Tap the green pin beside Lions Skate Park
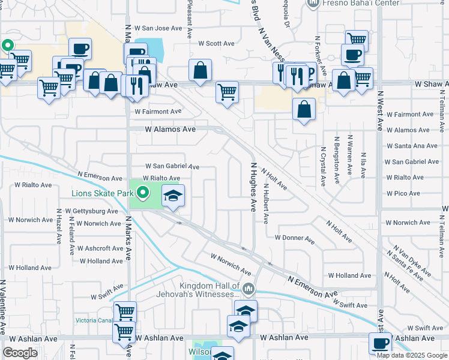pyautogui.click(x=143, y=193)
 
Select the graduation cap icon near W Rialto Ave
pyautogui.click(x=173, y=196)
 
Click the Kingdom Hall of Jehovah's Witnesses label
pyautogui.click(x=209, y=290)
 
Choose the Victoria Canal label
pyautogui.click(x=94, y=320)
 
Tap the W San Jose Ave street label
pyautogui.click(x=157, y=28)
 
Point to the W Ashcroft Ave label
pyautogui.click(x=100, y=248)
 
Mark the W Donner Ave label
pyautogui.click(x=295, y=238)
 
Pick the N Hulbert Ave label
pyautogui.click(x=265, y=203)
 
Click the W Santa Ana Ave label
pyautogui.click(x=412, y=146)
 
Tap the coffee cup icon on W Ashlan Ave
pyautogui.click(x=380, y=344)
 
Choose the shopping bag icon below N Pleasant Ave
pyautogui.click(x=200, y=70)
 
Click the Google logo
pyautogui.click(x=20, y=352)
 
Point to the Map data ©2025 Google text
pyautogui.click(x=412, y=355)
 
